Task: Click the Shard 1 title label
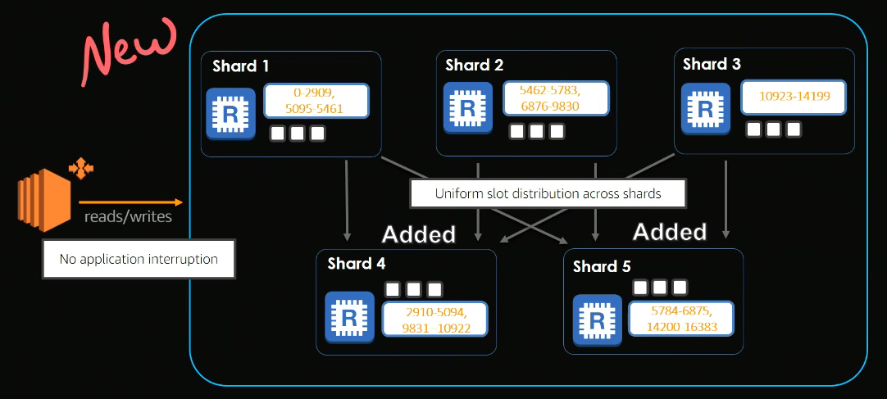240,66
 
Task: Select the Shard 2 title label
474,65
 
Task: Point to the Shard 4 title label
356,264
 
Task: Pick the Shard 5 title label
601,266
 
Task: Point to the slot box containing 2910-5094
434,319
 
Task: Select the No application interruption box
139,259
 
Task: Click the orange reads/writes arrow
130,202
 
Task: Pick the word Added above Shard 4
418,234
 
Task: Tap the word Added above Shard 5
669,232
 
